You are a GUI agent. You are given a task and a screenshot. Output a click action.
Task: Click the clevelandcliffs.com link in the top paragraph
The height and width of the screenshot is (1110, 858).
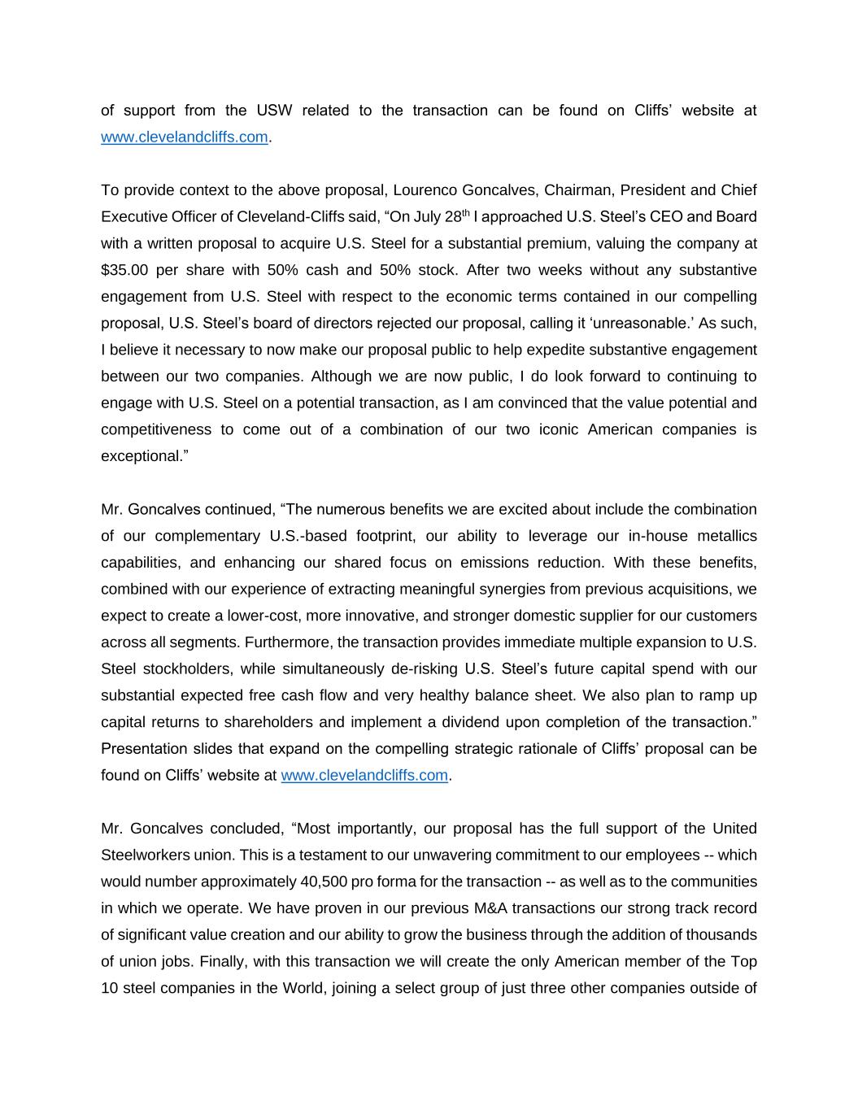tap(184, 137)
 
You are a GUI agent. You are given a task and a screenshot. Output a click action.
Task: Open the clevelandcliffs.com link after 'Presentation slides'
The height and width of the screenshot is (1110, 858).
tap(364, 776)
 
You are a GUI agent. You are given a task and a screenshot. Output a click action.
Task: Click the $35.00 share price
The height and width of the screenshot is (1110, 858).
tap(124, 270)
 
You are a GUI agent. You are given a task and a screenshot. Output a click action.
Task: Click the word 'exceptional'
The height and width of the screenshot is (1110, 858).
tap(142, 456)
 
